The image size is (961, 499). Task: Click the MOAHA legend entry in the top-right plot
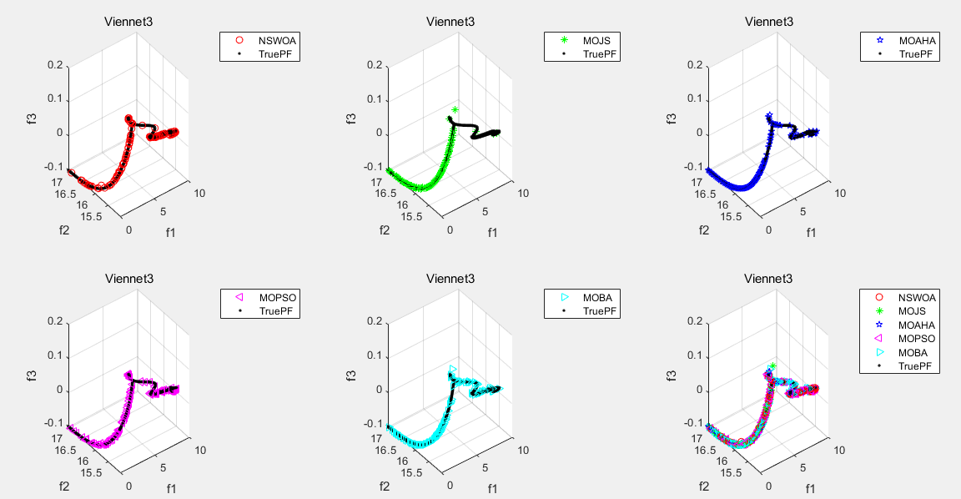coord(916,39)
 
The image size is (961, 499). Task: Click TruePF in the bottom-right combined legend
coord(915,365)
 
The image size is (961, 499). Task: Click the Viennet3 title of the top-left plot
coord(128,22)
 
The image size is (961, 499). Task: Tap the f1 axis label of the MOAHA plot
coord(813,232)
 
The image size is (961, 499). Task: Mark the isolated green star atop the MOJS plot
coord(455,109)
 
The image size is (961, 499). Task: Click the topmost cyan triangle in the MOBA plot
coord(453,369)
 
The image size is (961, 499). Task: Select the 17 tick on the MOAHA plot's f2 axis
coord(699,182)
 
